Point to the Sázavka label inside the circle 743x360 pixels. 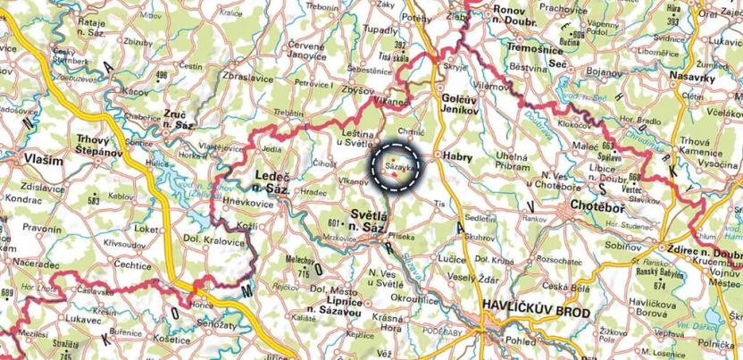tap(398, 166)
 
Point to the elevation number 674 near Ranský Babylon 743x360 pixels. tap(660, 286)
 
